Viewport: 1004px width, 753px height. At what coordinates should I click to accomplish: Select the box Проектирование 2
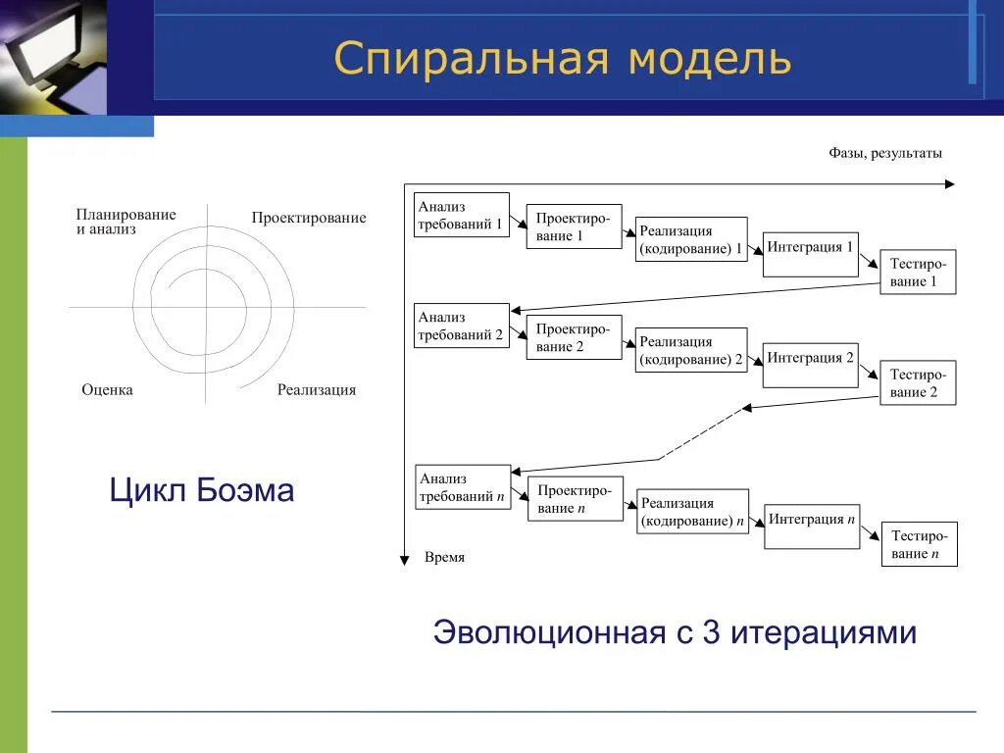tap(574, 337)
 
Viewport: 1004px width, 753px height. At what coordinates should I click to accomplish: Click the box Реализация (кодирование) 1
tap(691, 240)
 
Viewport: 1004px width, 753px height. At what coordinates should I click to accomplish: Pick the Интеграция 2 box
tap(810, 363)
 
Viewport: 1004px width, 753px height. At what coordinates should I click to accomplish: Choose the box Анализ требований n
tap(463, 487)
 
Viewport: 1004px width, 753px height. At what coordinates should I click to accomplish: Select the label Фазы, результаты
tap(884, 153)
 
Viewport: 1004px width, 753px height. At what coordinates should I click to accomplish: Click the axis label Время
tap(444, 557)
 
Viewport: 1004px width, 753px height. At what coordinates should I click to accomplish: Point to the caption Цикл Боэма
tap(202, 489)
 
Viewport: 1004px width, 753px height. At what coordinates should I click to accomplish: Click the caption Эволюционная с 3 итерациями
tap(675, 632)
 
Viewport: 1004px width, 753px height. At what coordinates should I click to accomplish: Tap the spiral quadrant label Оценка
tap(107, 390)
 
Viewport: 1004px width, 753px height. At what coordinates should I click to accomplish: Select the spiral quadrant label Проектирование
tap(308, 218)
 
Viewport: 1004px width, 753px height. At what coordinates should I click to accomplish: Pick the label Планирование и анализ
tap(125, 222)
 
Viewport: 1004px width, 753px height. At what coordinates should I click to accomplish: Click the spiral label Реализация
tap(316, 390)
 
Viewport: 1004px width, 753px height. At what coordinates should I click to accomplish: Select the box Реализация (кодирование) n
tap(692, 512)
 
